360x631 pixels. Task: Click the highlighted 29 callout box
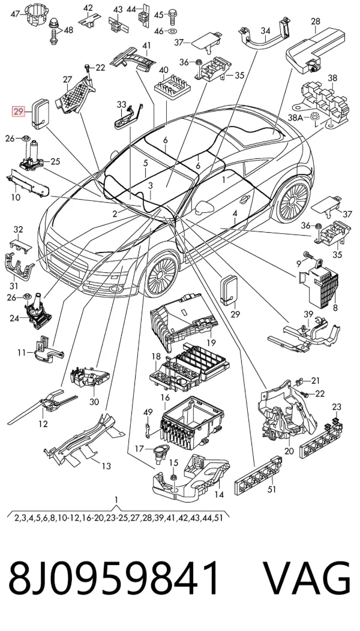tap(19, 112)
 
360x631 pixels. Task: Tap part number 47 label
tap(15, 14)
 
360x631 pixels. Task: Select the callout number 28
tap(316, 22)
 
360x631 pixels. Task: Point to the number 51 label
tap(272, 489)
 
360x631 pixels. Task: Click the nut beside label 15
tap(174, 477)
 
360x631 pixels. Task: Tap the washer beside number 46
tap(173, 31)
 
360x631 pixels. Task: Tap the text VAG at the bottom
tap(307, 578)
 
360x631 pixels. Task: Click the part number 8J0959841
tap(115, 578)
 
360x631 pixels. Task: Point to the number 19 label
tap(211, 343)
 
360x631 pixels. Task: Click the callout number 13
tap(106, 467)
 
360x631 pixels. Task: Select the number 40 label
tap(163, 70)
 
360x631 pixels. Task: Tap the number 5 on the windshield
tap(145, 163)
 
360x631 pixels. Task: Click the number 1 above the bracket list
tap(116, 500)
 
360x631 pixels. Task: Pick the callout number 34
tap(265, 31)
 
